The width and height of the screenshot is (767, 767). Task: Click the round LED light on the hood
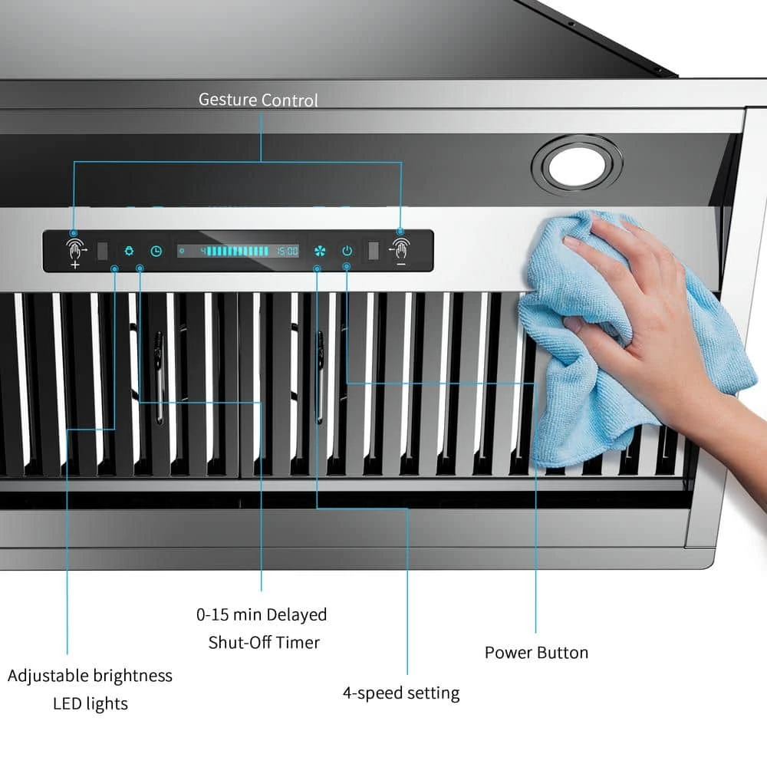click(x=578, y=166)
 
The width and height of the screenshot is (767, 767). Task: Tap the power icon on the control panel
click(x=347, y=251)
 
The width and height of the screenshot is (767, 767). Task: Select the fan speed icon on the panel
click(x=319, y=251)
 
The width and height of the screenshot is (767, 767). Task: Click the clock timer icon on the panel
click(x=156, y=251)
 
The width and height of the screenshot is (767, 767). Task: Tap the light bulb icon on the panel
click(x=129, y=251)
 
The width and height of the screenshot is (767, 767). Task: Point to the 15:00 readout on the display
click(x=287, y=251)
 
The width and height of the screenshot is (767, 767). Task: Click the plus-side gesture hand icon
click(x=76, y=249)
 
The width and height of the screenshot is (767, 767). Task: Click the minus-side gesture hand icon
click(x=400, y=249)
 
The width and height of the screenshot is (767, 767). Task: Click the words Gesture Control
click(x=258, y=100)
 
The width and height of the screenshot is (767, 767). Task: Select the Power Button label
click(x=536, y=653)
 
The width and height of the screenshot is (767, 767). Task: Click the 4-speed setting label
click(x=401, y=693)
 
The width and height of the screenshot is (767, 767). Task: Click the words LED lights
click(x=91, y=703)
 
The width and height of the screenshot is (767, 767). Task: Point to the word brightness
click(x=132, y=676)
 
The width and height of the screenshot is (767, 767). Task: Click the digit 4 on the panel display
click(x=203, y=251)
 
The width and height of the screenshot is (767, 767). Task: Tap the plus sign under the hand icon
click(x=75, y=265)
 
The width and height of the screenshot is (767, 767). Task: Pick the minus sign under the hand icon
click(x=400, y=264)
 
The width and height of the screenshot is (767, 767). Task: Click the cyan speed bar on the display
click(x=238, y=251)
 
